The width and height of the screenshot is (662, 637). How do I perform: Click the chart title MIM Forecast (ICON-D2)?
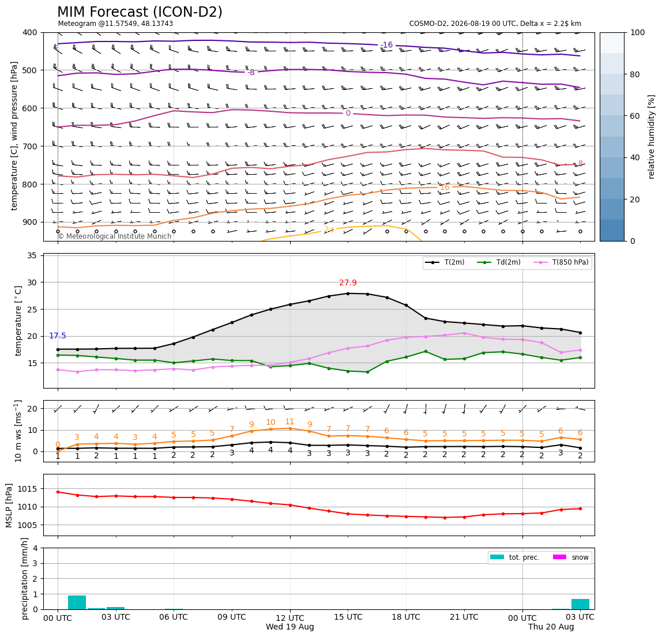(x=140, y=12)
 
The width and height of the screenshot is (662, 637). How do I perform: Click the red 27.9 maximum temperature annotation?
(x=348, y=283)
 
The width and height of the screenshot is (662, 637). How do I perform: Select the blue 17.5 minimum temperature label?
(x=58, y=336)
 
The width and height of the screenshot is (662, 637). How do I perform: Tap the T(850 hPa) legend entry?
(x=562, y=262)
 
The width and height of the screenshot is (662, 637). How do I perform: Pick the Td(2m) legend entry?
(x=499, y=262)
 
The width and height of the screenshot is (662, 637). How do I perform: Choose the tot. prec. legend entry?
(x=514, y=557)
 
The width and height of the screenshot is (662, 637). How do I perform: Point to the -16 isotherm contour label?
(x=386, y=45)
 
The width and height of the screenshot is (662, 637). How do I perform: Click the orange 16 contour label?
(x=445, y=187)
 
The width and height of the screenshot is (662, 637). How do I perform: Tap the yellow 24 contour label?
(x=329, y=230)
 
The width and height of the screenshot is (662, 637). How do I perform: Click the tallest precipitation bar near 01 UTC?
(x=77, y=602)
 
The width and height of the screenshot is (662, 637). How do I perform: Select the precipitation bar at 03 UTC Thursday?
(x=580, y=604)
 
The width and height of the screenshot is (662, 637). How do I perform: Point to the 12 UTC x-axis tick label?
(x=290, y=617)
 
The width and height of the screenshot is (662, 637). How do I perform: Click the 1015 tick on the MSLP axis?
(x=28, y=489)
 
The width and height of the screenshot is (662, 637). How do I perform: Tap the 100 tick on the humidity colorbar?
(x=638, y=32)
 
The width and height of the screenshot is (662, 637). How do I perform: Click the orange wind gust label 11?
(x=289, y=422)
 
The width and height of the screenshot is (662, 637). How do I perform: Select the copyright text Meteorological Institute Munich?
(x=114, y=236)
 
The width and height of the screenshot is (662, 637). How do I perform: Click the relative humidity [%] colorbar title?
(x=651, y=137)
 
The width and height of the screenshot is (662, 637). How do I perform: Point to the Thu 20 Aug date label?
(x=551, y=627)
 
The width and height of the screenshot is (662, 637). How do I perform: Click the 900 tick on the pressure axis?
(x=31, y=222)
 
